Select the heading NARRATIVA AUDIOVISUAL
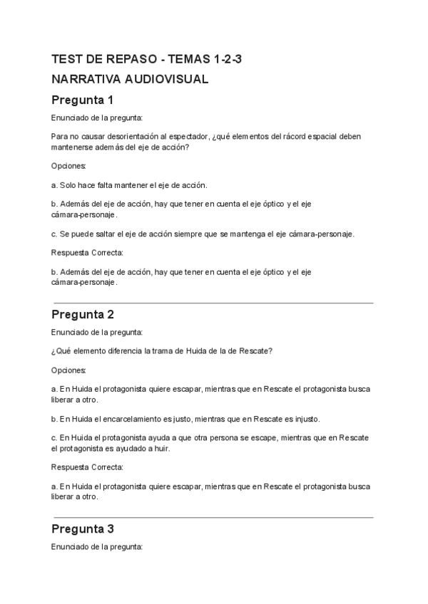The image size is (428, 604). tap(130, 79)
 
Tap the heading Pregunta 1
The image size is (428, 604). tap(83, 100)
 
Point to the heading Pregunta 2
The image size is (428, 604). tap(83, 314)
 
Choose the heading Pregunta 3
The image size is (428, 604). tap(83, 529)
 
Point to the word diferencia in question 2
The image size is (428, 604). tap(119, 350)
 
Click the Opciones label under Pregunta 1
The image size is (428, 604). tap(68, 166)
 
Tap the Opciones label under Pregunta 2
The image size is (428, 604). tap(68, 370)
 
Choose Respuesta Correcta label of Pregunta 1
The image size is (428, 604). tap(87, 253)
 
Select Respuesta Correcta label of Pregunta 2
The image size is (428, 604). tap(87, 467)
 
